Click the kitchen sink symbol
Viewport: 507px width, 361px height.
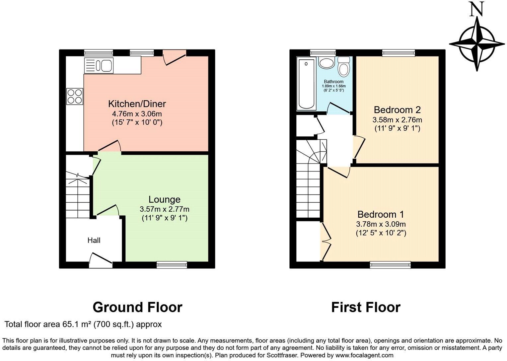pyautogui.click(x=99, y=65)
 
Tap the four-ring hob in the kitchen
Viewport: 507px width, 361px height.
pyautogui.click(x=74, y=96)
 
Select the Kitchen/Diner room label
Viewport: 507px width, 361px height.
pyautogui.click(x=137, y=104)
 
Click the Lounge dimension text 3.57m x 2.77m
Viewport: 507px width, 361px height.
pyautogui.click(x=164, y=209)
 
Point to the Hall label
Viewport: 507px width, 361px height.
pyautogui.click(x=94, y=240)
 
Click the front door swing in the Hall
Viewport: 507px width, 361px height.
pyautogui.click(x=101, y=260)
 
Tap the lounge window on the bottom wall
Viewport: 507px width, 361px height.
pyautogui.click(x=172, y=264)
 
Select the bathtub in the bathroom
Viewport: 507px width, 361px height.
pyautogui.click(x=306, y=84)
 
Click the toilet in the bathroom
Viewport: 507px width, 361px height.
pyautogui.click(x=344, y=67)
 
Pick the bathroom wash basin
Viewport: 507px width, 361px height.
pyautogui.click(x=326, y=63)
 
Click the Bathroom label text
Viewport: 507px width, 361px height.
pyautogui.click(x=333, y=82)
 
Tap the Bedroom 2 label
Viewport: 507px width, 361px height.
pyautogui.click(x=397, y=109)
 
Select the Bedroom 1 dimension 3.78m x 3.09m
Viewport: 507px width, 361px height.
pyautogui.click(x=381, y=224)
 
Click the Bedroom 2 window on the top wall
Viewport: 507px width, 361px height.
pyautogui.click(x=398, y=53)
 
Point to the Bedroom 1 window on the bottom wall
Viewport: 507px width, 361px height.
pyautogui.click(x=390, y=264)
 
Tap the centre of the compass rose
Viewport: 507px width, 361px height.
pyautogui.click(x=477, y=44)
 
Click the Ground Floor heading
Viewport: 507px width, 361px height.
pyautogui.click(x=137, y=307)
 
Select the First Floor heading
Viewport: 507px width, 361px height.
pyautogui.click(x=366, y=307)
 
